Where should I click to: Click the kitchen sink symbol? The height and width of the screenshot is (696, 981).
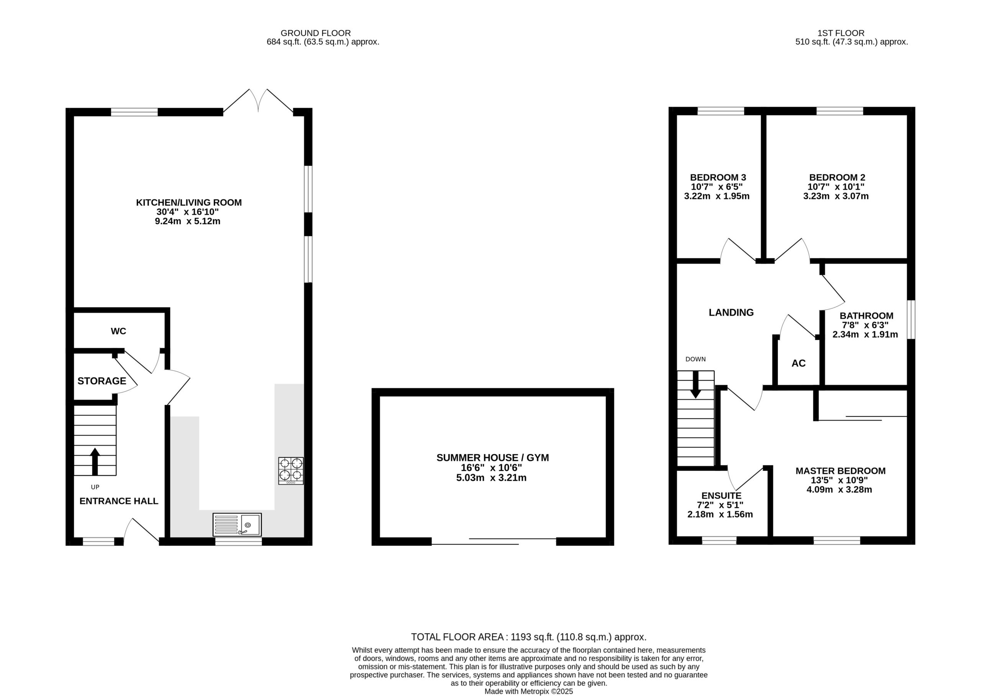[237, 524]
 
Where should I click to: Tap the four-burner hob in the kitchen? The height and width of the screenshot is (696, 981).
[291, 470]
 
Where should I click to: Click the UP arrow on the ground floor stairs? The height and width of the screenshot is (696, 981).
[95, 462]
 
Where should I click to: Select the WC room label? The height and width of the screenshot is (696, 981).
[118, 331]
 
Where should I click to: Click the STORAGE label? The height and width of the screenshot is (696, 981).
[102, 381]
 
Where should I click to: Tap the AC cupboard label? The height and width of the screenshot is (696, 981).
[798, 364]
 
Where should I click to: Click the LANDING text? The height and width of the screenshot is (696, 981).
[731, 313]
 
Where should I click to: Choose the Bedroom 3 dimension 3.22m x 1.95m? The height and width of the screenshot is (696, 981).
[717, 196]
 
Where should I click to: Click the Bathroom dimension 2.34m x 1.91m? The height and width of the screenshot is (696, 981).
[865, 335]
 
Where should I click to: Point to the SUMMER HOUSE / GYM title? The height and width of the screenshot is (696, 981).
[493, 458]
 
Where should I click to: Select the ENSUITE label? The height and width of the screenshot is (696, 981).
[722, 496]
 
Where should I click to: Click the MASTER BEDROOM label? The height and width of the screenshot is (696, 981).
[840, 471]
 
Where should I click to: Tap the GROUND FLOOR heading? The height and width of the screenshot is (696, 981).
[315, 33]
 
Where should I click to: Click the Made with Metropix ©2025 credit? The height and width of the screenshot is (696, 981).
[529, 691]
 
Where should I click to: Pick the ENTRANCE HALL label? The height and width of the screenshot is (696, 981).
[119, 501]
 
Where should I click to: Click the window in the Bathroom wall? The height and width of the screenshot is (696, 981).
[911, 320]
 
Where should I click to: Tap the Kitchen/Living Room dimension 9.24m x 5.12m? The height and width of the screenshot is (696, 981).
[187, 221]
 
